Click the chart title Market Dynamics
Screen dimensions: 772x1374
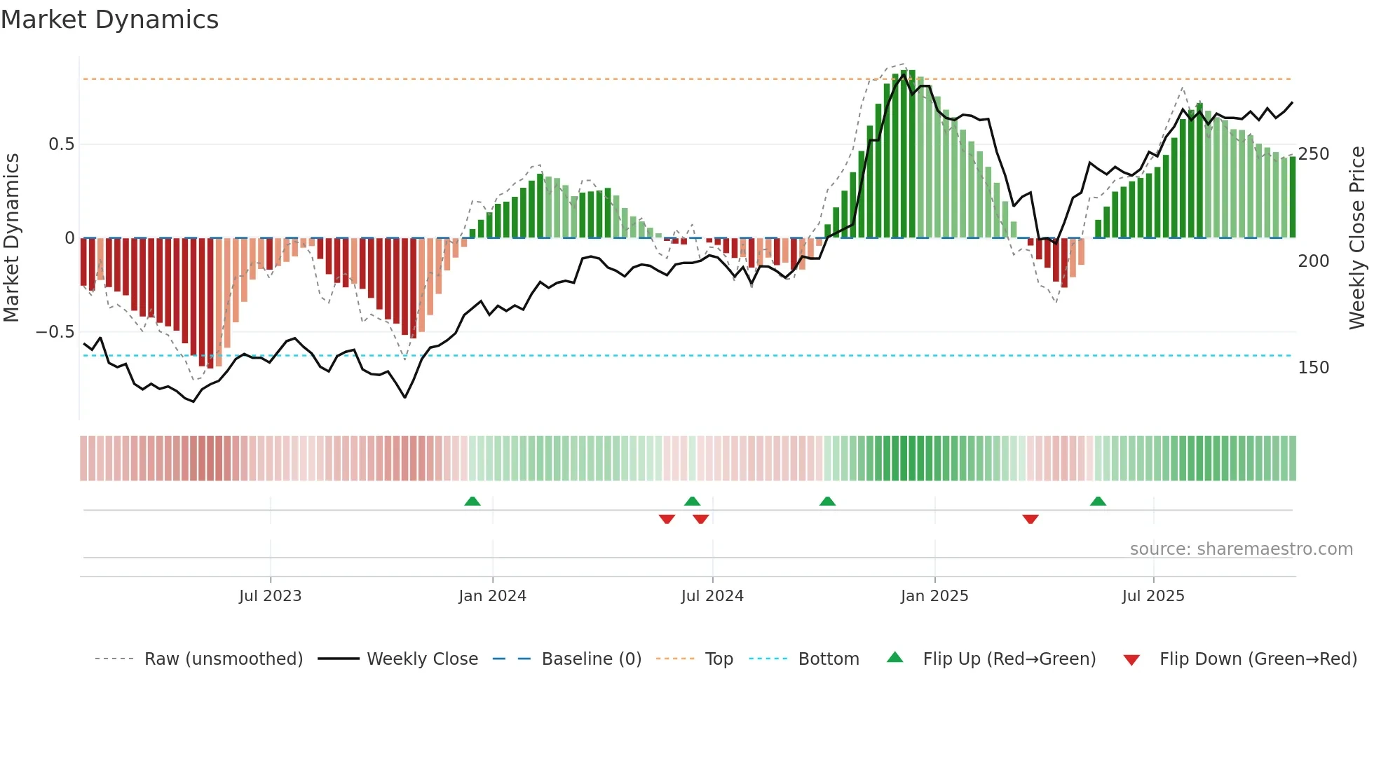tap(109, 20)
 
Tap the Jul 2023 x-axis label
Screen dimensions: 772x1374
tap(270, 596)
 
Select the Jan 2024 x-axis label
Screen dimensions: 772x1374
tap(492, 596)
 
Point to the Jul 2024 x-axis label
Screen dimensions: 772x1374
tap(712, 596)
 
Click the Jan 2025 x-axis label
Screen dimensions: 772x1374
tap(934, 596)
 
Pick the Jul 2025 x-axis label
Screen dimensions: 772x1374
tap(1153, 596)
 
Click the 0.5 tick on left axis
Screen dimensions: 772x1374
tap(61, 144)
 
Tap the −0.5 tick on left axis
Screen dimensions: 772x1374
tap(55, 332)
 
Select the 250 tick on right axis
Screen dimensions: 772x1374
tap(1313, 154)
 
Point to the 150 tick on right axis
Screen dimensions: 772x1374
tap(1313, 368)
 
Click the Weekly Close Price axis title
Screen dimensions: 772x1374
tap(1357, 238)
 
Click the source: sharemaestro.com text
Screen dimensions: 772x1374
tap(1241, 549)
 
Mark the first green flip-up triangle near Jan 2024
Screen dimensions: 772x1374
tap(472, 501)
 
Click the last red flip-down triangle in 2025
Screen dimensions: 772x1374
tap(1030, 519)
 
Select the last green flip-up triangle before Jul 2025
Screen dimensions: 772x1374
tap(1098, 501)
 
